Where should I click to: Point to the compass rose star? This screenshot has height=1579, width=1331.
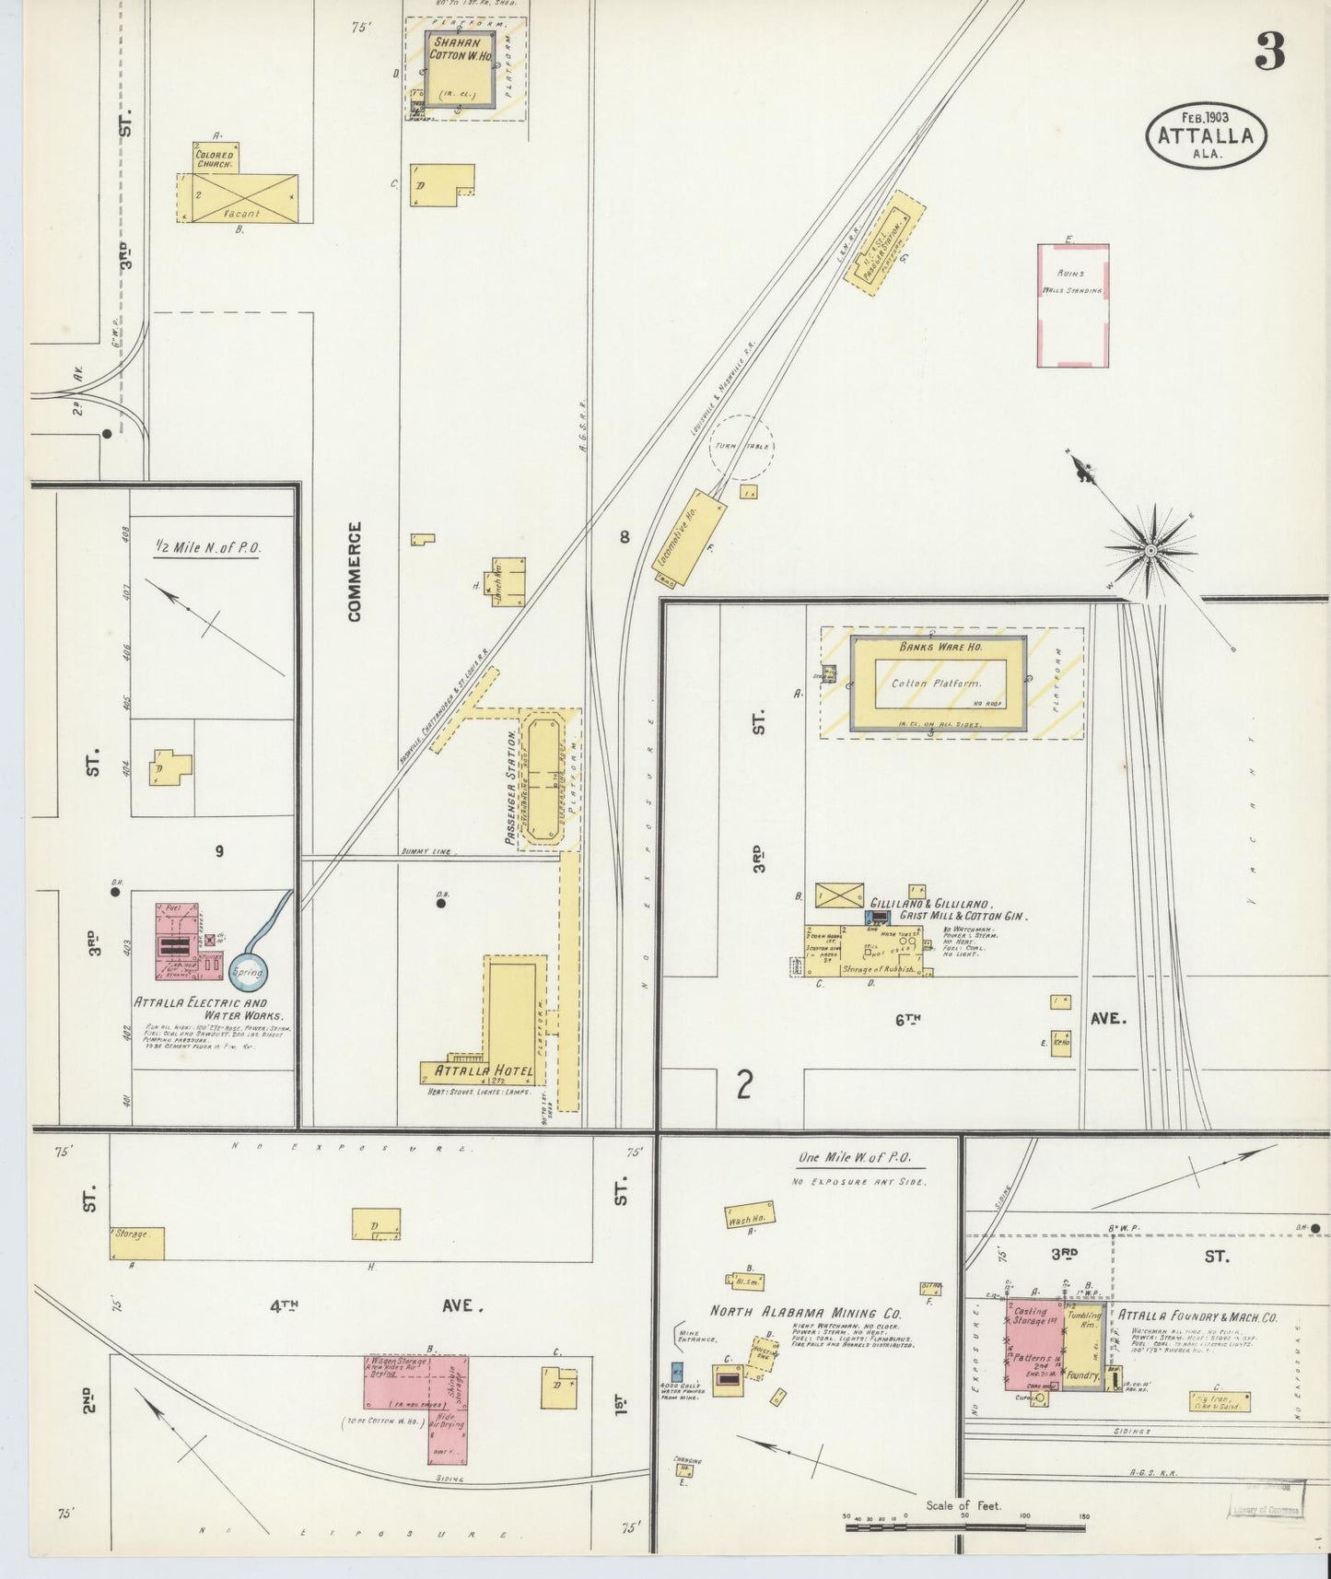(x=1150, y=550)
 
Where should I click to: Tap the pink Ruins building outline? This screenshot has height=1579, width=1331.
(x=1073, y=305)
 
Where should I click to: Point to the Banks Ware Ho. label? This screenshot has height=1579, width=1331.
(x=936, y=647)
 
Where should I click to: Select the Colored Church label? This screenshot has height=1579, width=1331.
(x=215, y=159)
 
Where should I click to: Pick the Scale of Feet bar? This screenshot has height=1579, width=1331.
(x=964, y=1527)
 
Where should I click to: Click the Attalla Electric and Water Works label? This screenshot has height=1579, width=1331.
(x=200, y=1009)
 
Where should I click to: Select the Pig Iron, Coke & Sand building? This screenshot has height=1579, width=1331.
(x=1220, y=1401)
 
